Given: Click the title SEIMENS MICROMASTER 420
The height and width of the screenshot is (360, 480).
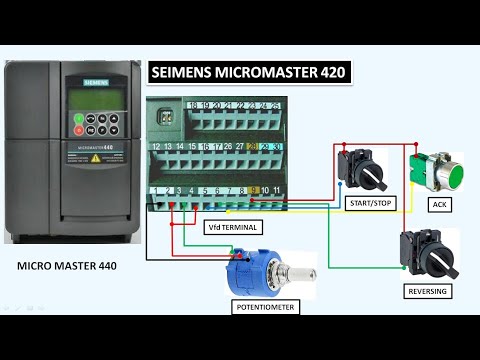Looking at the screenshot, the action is tap(249, 73).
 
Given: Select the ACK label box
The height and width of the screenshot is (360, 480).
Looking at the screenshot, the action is tap(438, 204).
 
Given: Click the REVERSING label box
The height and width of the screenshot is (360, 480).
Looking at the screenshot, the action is tap(426, 291).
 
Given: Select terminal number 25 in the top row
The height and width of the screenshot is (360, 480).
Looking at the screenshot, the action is tap(276, 105).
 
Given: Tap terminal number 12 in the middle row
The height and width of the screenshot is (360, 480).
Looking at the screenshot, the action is tap(156, 146).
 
